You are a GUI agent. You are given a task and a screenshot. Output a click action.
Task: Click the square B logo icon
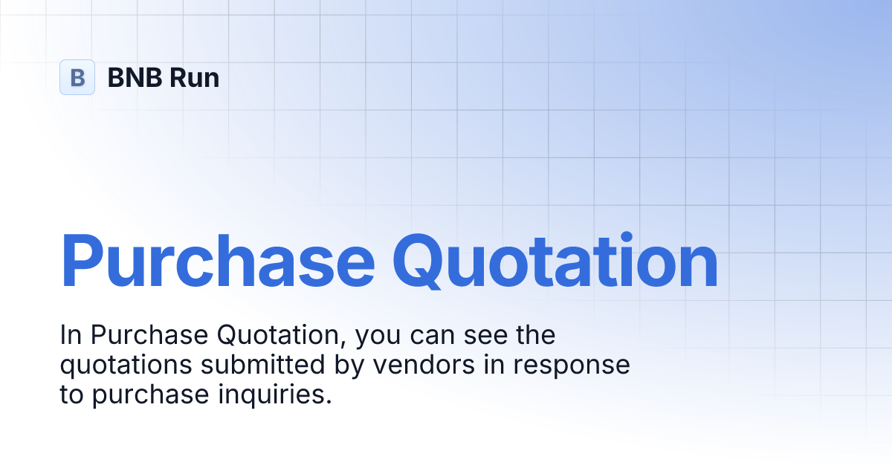pyautogui.click(x=77, y=77)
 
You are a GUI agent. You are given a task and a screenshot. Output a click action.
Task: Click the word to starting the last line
pyautogui.click(x=72, y=395)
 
